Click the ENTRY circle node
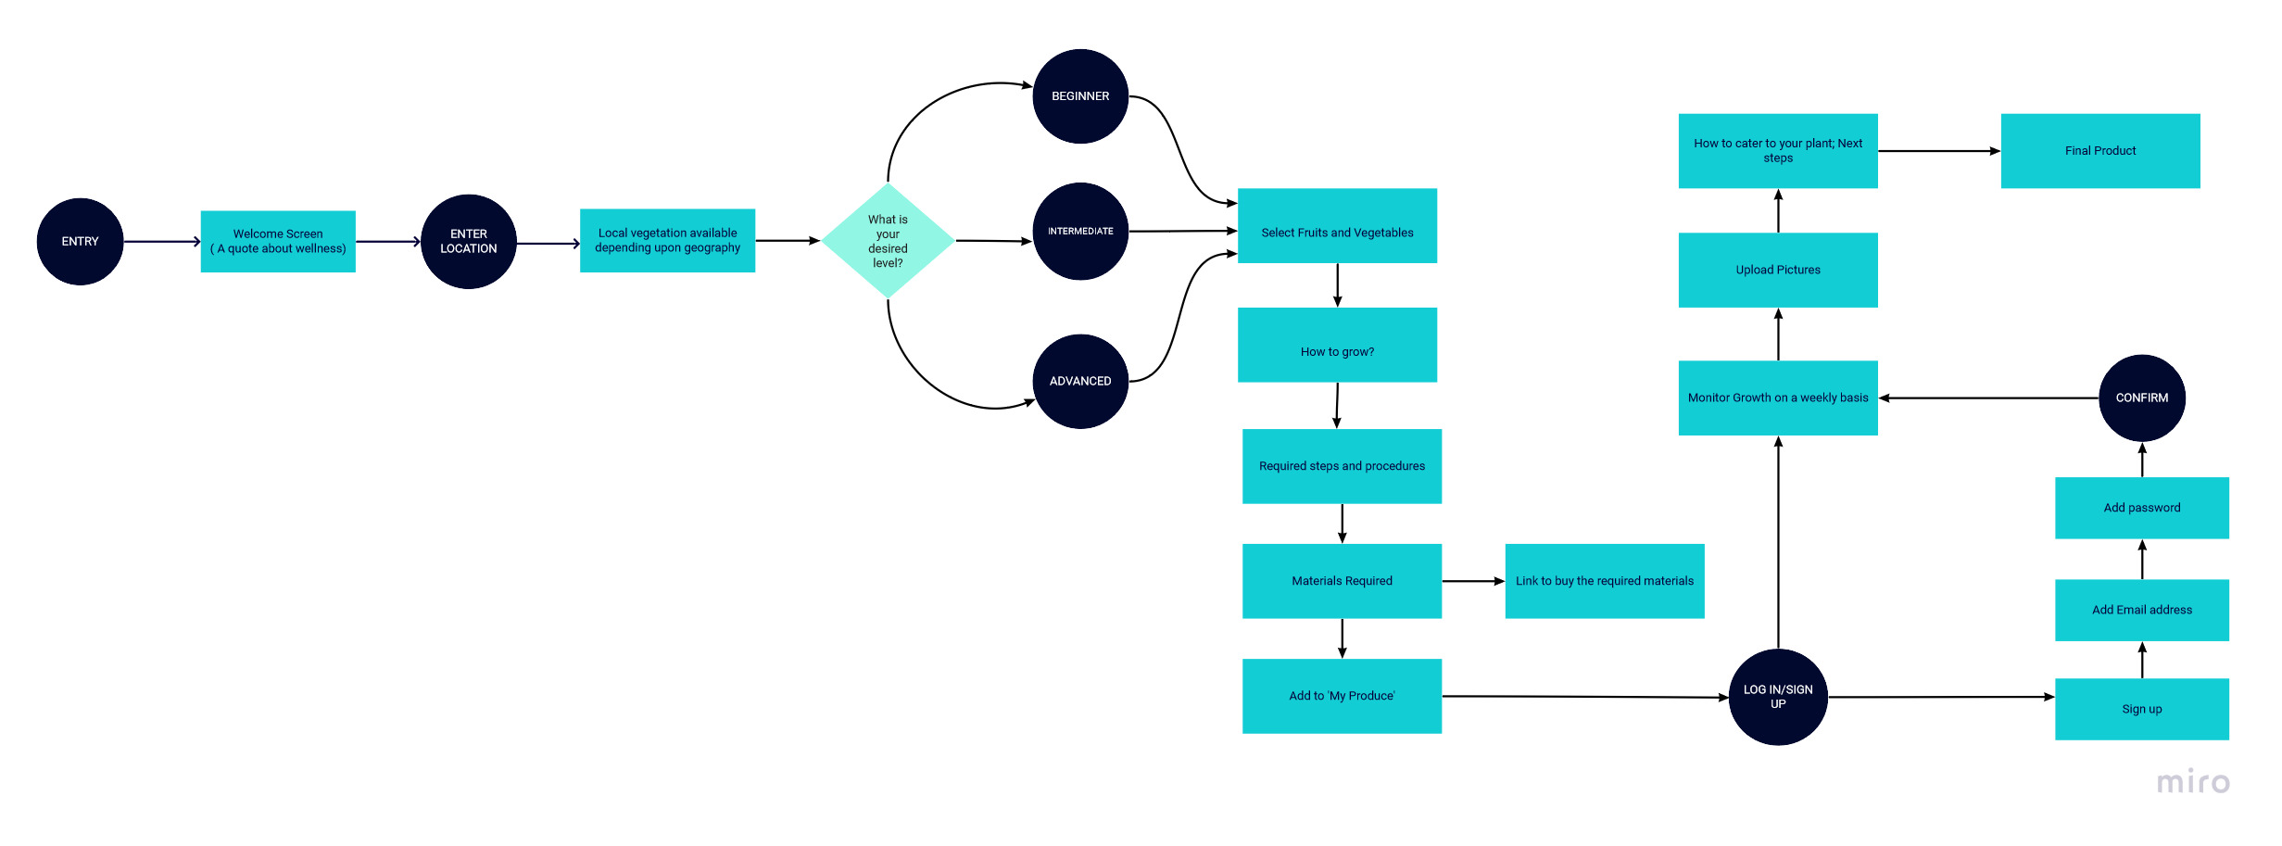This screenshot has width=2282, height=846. coord(80,242)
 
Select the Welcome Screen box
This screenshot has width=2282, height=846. coord(278,242)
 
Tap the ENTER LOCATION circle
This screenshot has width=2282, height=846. coord(468,242)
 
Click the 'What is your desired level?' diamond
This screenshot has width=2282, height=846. coord(888,241)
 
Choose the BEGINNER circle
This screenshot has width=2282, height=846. coord(1080,96)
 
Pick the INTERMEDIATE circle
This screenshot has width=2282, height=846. coord(1080,232)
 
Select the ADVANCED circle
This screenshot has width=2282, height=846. coord(1080,382)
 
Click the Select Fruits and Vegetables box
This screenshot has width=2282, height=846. coord(1337,226)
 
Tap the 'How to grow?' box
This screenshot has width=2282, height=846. coord(1337,345)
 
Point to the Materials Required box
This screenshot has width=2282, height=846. coord(1342,581)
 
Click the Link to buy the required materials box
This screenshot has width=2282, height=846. coord(1604,581)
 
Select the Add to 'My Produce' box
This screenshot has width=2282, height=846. coord(1342,696)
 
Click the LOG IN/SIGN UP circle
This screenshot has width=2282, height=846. coord(1778,697)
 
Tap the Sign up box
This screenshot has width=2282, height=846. coord(2141,709)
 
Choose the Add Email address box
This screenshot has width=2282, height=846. coord(2141,610)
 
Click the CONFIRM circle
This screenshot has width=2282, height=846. coord(2141,398)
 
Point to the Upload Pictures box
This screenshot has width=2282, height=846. coord(1778,270)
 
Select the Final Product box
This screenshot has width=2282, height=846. coord(2099,151)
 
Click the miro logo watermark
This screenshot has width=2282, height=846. coord(2193,782)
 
